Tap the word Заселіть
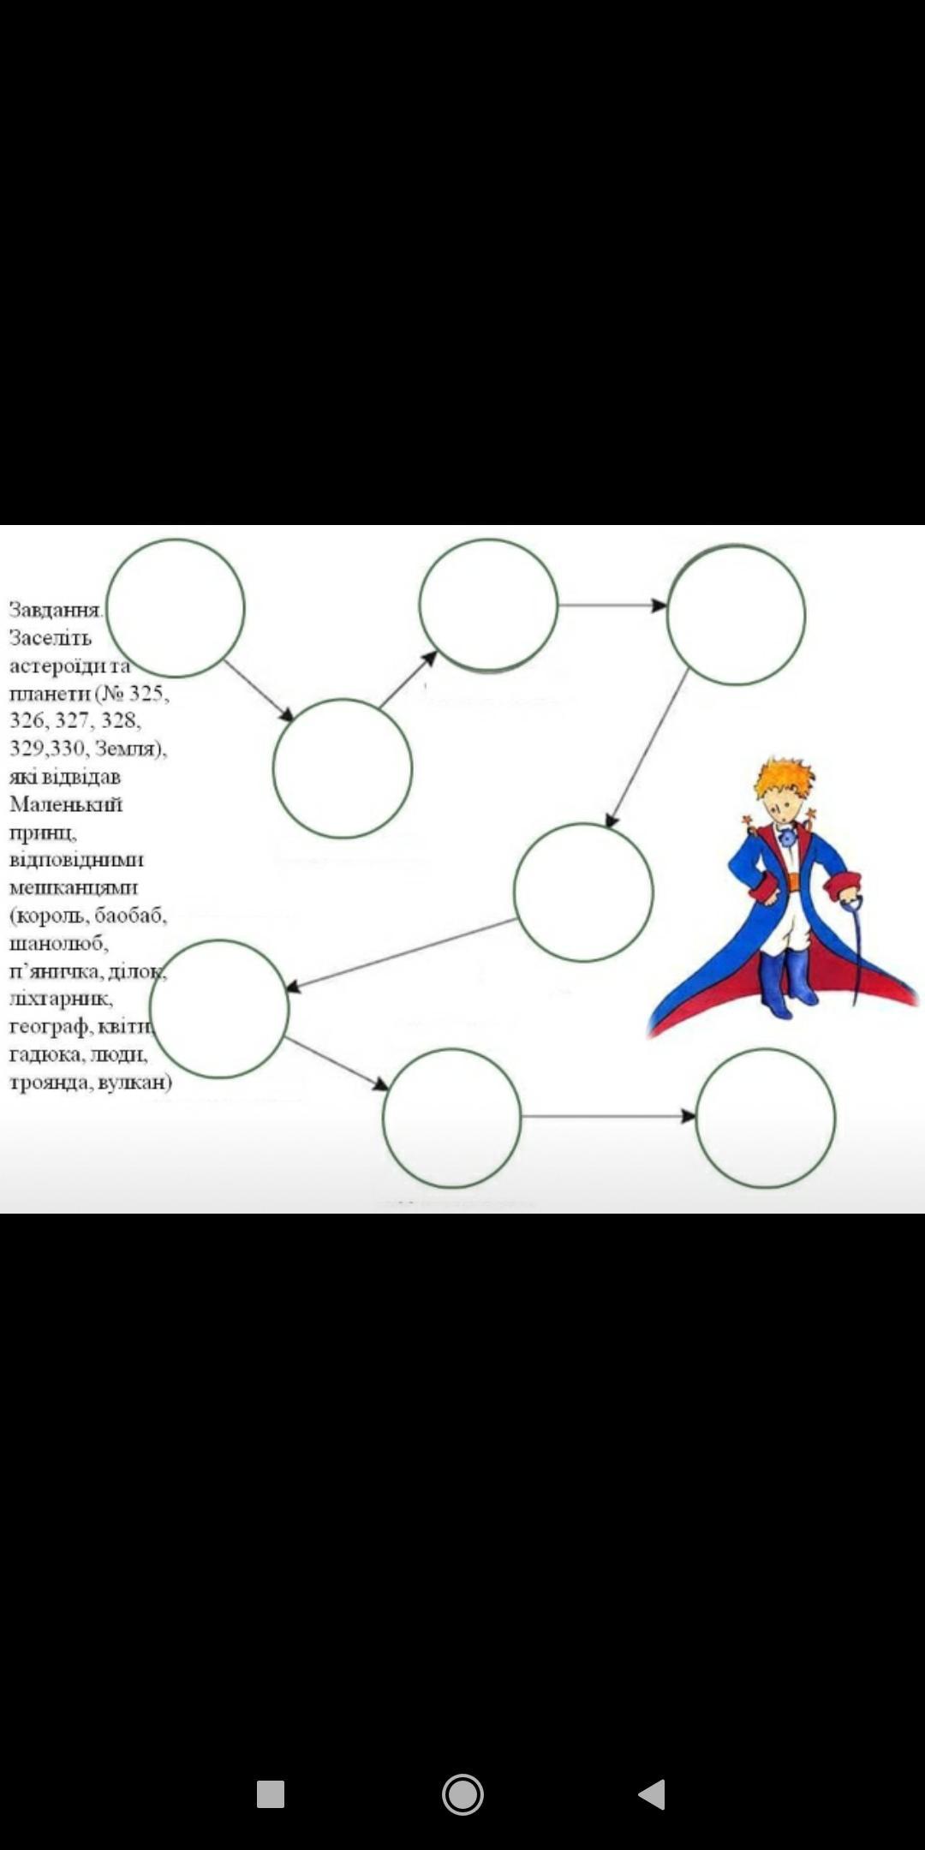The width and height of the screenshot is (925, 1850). (x=50, y=638)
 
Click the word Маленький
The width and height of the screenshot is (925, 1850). (x=66, y=804)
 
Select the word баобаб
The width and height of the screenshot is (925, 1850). (x=130, y=916)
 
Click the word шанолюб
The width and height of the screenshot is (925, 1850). (x=58, y=943)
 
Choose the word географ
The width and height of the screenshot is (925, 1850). (x=50, y=1027)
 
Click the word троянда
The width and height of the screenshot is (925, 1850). (x=48, y=1083)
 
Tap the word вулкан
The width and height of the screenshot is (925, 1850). (x=134, y=1083)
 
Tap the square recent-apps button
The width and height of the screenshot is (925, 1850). (x=271, y=1793)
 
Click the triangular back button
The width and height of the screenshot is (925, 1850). (x=653, y=1793)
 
